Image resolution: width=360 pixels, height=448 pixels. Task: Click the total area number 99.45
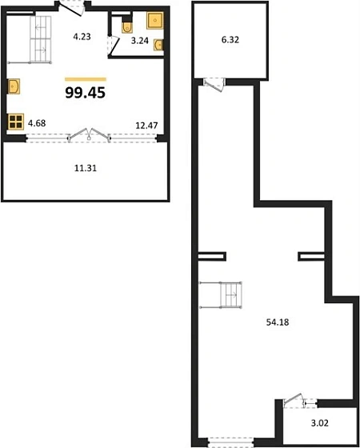(86, 93)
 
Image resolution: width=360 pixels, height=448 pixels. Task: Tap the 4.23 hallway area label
(82, 37)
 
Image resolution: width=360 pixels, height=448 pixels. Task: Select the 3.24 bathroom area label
(140, 41)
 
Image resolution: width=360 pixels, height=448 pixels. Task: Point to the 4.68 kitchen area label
(37, 123)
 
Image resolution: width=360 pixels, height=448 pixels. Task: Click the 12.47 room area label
(146, 125)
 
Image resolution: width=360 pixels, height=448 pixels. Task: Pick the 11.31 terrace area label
(86, 169)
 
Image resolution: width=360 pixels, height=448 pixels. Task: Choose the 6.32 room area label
(230, 40)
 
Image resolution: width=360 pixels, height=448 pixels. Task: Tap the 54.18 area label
(277, 322)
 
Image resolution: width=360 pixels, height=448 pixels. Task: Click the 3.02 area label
(319, 423)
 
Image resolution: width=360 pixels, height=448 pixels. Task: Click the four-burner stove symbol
(15, 122)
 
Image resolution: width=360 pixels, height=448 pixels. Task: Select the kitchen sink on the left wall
(14, 86)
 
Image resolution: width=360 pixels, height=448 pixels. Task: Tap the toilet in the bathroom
(127, 26)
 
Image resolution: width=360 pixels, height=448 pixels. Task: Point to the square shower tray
(155, 20)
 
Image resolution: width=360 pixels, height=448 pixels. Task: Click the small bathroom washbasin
(158, 45)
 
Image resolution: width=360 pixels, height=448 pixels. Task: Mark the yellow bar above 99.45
(86, 79)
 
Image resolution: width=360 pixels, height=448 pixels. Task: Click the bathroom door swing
(114, 46)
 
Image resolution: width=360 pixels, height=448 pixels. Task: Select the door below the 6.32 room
(214, 85)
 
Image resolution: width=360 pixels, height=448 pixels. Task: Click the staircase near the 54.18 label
(221, 295)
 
